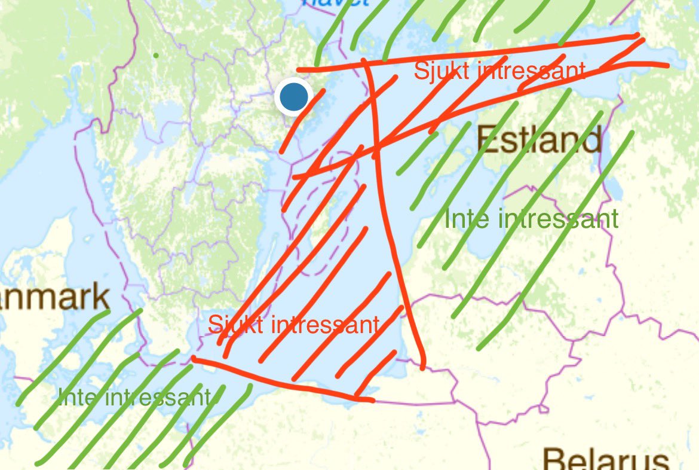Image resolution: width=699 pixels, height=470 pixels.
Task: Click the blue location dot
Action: click(x=293, y=96)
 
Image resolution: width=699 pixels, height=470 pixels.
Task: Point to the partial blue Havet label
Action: click(x=335, y=3)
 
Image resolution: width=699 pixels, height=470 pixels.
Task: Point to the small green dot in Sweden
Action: click(x=156, y=56)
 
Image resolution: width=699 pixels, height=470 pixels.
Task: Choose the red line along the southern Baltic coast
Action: click(x=281, y=383)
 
